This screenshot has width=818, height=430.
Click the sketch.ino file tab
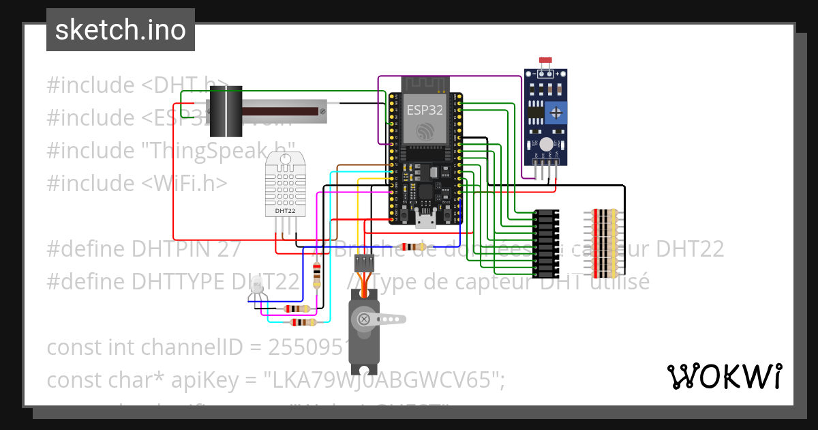click(121, 30)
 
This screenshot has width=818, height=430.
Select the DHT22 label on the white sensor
click(285, 211)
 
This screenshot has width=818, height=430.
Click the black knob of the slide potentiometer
click(225, 111)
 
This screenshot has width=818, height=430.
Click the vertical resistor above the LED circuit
click(316, 275)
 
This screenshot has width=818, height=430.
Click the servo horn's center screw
click(364, 319)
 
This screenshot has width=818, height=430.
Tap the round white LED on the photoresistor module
click(547, 143)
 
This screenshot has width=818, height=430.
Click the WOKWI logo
click(724, 376)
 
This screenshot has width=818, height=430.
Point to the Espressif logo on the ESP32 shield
click(423, 131)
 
